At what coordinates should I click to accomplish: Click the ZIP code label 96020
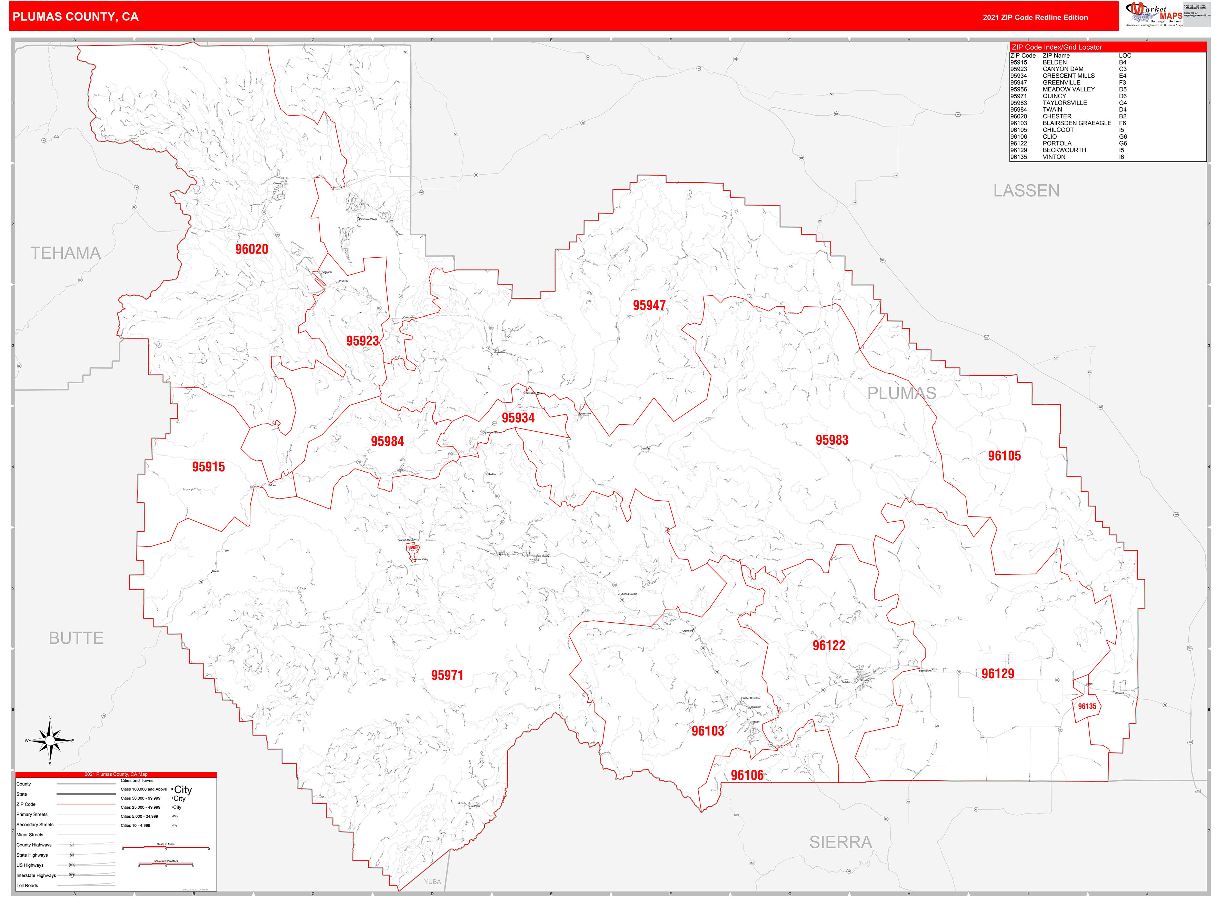pos(251,249)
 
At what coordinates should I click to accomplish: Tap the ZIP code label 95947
pos(649,305)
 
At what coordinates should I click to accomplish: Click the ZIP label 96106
pos(747,775)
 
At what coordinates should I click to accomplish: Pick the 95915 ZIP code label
pos(208,467)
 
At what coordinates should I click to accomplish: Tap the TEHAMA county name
pos(65,253)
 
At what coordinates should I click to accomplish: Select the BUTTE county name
pos(76,638)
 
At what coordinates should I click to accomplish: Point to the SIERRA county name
pos(840,842)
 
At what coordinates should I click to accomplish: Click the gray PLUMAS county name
pos(901,393)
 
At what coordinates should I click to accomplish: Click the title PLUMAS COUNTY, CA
pos(76,17)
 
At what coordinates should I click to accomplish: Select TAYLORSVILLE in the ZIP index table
pos(1065,102)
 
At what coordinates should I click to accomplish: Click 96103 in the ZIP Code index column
pos(1018,123)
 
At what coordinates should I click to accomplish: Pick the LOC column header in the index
pos(1125,56)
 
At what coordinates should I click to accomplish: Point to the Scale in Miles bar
pos(166,847)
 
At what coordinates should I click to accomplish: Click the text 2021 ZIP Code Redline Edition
pos(1035,17)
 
